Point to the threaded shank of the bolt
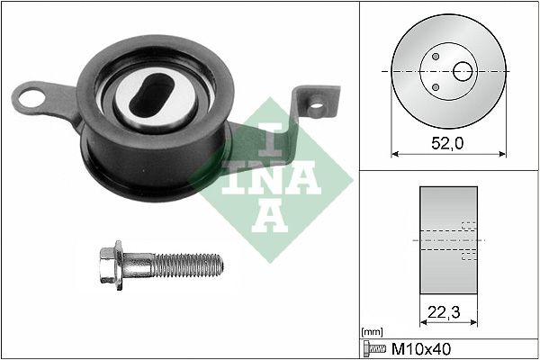point(186,264)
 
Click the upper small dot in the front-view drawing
point(436,56)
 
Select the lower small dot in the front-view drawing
point(436,86)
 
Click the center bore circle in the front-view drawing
point(464,71)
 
